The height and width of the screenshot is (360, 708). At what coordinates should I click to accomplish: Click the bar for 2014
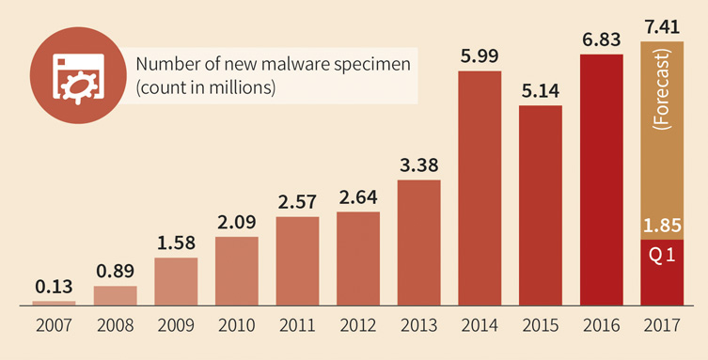[x=480, y=188]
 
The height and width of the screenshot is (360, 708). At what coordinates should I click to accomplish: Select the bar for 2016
[x=601, y=179]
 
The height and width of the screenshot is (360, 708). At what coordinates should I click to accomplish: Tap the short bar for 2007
[x=54, y=303]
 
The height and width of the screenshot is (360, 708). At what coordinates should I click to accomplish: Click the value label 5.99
[x=480, y=55]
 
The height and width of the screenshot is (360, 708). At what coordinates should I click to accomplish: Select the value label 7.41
[x=661, y=23]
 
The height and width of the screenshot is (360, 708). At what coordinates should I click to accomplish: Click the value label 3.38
[x=418, y=164]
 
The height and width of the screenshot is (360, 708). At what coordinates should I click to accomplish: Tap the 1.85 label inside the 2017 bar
[x=662, y=227]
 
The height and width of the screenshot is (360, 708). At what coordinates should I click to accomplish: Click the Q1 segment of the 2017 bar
[x=662, y=273]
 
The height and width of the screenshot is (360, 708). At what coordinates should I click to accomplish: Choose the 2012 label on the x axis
[x=358, y=330]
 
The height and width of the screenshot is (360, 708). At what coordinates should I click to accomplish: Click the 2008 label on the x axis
[x=115, y=330]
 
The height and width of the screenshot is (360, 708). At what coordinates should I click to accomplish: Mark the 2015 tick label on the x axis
[x=541, y=330]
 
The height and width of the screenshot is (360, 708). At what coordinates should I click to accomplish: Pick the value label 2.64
[x=358, y=197]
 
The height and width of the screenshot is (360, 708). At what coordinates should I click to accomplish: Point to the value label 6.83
[x=601, y=39]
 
